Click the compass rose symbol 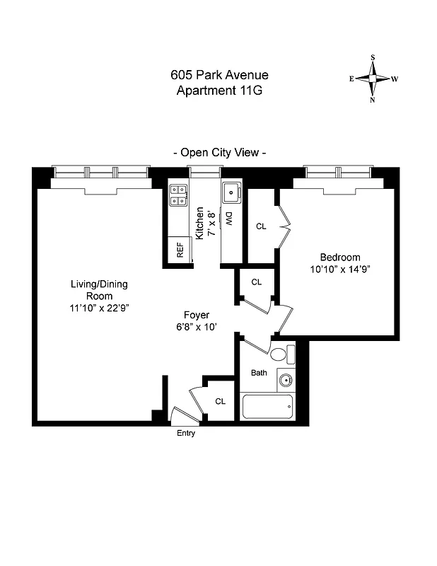click(x=373, y=79)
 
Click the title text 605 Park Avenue click(x=219, y=75)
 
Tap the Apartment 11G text click(x=219, y=91)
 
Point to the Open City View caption click(x=219, y=152)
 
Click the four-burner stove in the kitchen click(x=178, y=195)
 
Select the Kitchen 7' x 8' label click(x=204, y=224)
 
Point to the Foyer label click(x=196, y=315)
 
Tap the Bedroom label click(x=340, y=258)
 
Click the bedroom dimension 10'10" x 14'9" click(x=340, y=269)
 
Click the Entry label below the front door click(x=185, y=434)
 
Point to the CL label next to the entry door click(x=220, y=401)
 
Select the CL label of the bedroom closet click(x=261, y=226)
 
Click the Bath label click(x=259, y=373)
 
